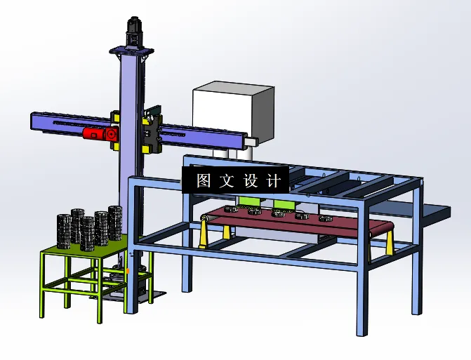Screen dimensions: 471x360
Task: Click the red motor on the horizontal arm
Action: click(100, 133)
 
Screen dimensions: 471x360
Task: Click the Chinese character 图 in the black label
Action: click(204, 180)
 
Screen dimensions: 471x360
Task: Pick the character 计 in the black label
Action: click(274, 181)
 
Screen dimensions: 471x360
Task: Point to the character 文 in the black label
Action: click(227, 180)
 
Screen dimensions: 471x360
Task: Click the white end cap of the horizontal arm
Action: click(252, 141)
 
